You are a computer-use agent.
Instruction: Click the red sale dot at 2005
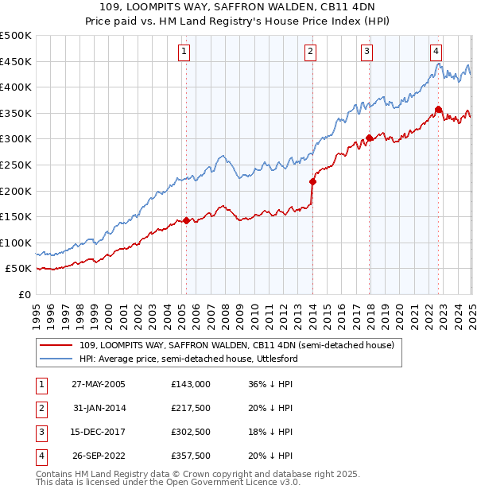tap(187, 220)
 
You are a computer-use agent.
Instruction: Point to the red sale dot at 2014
tap(312, 181)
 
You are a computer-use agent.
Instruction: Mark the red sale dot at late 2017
tap(370, 138)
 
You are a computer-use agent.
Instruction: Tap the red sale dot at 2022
tap(439, 109)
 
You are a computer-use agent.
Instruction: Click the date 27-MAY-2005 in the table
tap(99, 383)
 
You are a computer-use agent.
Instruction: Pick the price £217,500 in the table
tap(191, 408)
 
